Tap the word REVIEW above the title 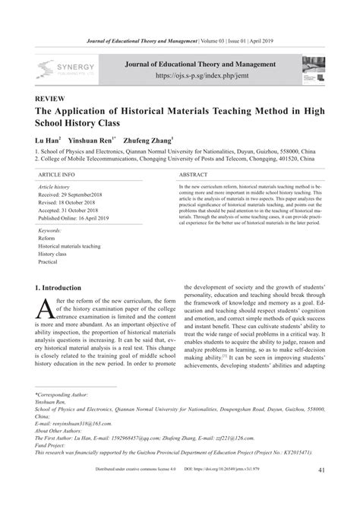click(51, 100)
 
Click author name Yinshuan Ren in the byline click(92, 141)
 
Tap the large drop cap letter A click(44, 308)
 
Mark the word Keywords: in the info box click(50, 229)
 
